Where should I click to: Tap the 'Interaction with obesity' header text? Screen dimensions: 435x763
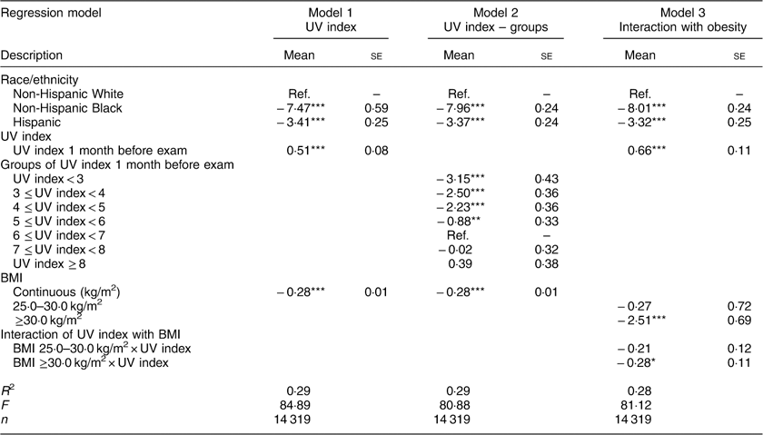(x=675, y=29)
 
